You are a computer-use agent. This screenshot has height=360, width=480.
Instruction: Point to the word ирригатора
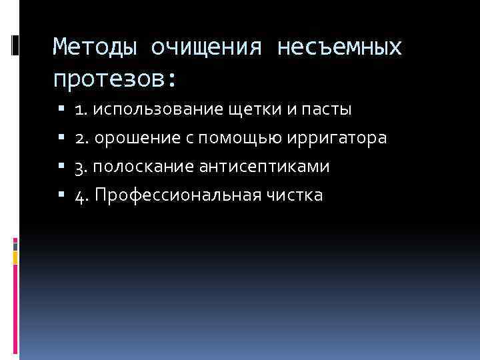[x=337, y=138]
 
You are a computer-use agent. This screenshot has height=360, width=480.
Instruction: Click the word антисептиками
[x=264, y=167]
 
